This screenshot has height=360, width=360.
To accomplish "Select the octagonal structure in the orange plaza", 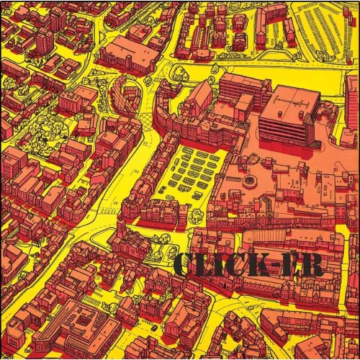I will tap(251, 179).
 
